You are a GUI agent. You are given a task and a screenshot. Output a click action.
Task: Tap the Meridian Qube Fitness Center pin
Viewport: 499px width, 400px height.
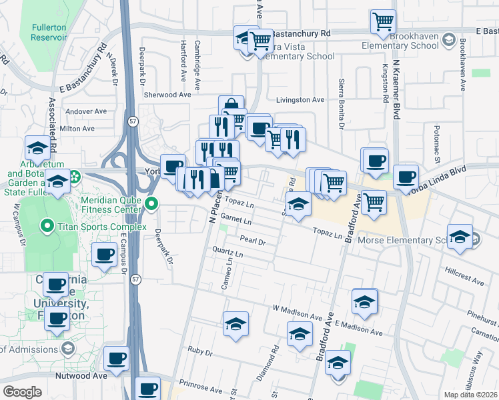[x=152, y=204]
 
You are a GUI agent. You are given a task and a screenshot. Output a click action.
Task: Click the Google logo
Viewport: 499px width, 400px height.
[x=22, y=392]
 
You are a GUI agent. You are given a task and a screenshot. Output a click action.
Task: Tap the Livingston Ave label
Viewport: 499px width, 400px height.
[x=300, y=100]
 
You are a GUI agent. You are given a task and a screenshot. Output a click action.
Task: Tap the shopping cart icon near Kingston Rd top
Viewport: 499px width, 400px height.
[x=383, y=21]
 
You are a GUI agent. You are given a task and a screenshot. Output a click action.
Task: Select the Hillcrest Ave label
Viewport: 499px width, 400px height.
[x=464, y=278]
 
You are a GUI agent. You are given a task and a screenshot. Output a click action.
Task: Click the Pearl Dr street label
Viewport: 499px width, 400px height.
[x=253, y=242]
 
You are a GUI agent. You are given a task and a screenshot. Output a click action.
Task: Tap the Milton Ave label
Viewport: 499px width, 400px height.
[x=77, y=128]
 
